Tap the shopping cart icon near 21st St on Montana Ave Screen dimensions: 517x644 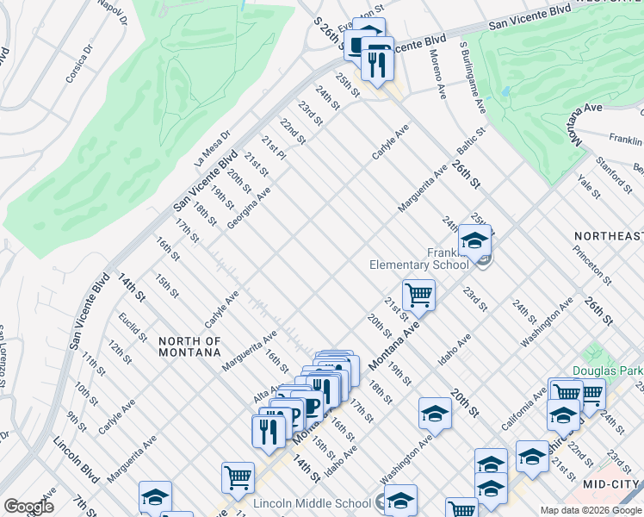(x=418, y=296)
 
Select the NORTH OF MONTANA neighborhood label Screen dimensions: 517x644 (x=190, y=347)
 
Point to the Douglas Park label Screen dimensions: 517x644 (x=608, y=371)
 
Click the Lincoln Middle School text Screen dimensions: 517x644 (x=312, y=502)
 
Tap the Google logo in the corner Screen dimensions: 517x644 (x=28, y=507)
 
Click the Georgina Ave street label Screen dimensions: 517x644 (x=249, y=208)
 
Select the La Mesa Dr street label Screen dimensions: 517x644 (x=213, y=148)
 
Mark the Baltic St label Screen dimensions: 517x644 (x=472, y=144)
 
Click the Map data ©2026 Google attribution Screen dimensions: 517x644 (x=591, y=510)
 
